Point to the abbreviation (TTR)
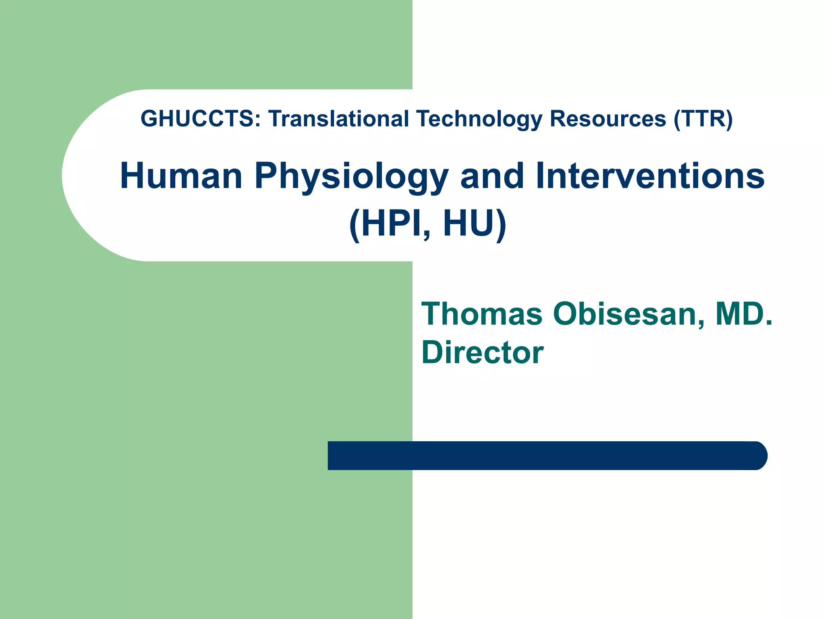703,119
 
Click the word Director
482,352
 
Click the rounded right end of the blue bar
759,455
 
